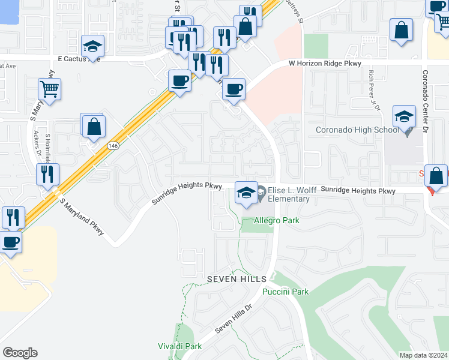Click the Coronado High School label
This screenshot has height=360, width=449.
click(357, 130)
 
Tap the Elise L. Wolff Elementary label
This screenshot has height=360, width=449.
click(292, 194)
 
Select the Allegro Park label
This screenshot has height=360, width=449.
click(277, 221)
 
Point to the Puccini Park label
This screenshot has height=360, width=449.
click(285, 292)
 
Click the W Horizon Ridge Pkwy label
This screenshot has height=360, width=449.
click(327, 62)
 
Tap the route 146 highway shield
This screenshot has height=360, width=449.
click(113, 146)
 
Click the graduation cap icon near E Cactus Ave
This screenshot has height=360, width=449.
click(93, 46)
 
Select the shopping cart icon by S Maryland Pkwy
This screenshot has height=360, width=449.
click(50, 89)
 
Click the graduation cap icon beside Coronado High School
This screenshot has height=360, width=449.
click(404, 116)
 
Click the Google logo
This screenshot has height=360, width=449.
click(20, 353)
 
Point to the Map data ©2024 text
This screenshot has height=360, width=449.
click(423, 355)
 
